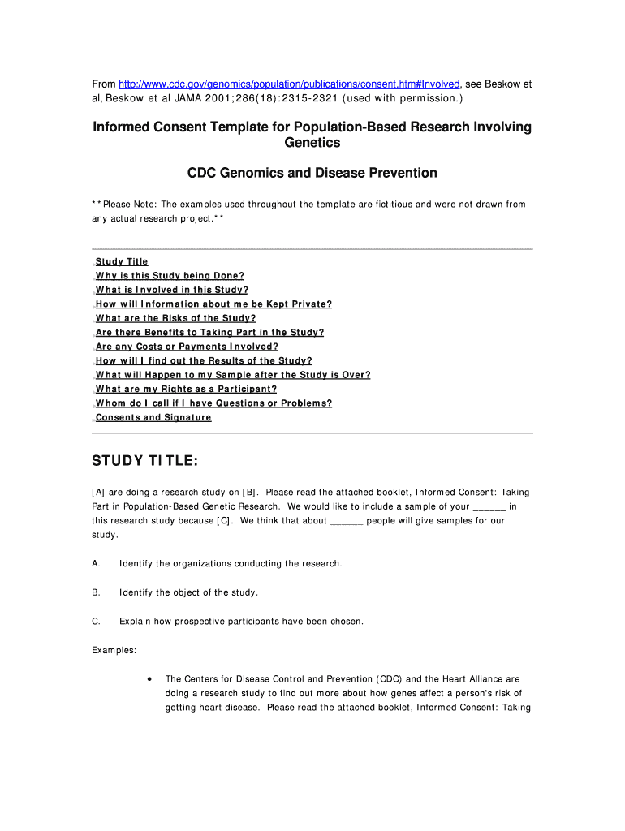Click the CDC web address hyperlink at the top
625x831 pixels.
coord(289,84)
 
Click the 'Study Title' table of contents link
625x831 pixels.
coord(122,261)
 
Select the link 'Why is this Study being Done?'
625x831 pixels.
coord(170,276)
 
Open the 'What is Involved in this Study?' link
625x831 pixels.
coord(172,290)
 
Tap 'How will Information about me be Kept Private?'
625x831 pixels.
coord(213,304)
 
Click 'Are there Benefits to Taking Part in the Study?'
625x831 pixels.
coord(209,332)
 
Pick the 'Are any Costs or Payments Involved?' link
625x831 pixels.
coord(187,347)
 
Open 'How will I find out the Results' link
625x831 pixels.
coord(204,360)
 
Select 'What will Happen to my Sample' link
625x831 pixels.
coord(233,375)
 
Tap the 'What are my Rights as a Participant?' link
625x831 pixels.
coord(186,389)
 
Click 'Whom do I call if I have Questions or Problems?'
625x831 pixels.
coord(213,403)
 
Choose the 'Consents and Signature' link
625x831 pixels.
coord(153,417)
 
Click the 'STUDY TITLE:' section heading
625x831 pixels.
coord(144,462)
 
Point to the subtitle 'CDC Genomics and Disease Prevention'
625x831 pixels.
coord(312,173)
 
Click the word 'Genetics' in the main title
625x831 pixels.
coord(312,143)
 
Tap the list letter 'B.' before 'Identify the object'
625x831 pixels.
coord(97,592)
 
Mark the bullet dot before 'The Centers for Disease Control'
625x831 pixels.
coord(149,678)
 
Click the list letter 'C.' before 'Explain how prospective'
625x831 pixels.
coord(97,622)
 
